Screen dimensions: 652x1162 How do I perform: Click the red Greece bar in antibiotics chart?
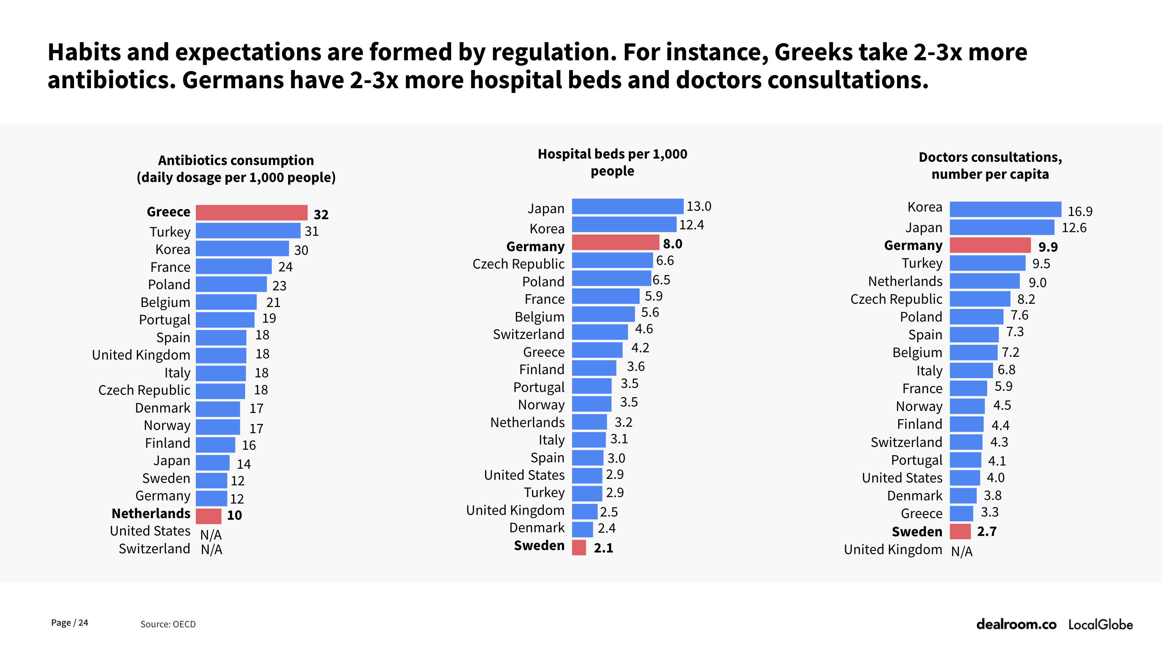251,212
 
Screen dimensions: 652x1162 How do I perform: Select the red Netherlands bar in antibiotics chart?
208,515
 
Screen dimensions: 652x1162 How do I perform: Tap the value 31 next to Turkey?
312,231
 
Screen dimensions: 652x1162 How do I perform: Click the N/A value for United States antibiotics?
211,534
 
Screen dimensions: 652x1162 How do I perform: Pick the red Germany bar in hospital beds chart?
615,243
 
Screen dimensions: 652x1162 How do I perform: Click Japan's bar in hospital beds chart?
628,207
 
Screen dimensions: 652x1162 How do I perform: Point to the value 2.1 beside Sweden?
603,548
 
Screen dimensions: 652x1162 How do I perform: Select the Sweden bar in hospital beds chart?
579,547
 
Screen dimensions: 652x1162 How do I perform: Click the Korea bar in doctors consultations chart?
1005,209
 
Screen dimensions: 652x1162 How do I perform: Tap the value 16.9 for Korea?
1080,211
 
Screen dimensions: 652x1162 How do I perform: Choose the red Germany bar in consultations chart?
990,245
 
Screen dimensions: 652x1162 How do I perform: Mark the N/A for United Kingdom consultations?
961,551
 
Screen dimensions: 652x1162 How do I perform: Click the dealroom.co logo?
1016,624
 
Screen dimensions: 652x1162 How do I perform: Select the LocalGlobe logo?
1100,624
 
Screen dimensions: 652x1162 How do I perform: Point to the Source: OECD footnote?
168,624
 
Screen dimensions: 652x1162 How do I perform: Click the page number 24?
83,623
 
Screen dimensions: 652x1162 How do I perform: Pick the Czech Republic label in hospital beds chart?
518,264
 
